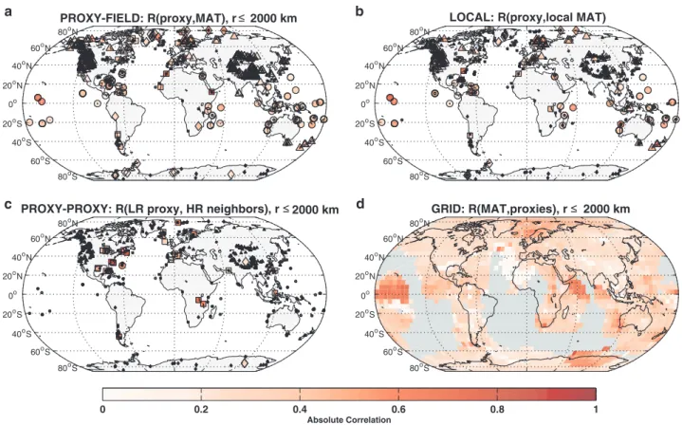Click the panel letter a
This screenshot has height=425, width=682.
click(x=9, y=11)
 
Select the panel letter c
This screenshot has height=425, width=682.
click(x=9, y=204)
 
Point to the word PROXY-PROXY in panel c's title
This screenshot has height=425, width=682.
click(x=55, y=210)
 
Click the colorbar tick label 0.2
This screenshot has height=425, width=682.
click(x=200, y=409)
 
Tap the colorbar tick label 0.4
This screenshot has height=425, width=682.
click(x=300, y=409)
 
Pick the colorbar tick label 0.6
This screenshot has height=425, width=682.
click(x=398, y=409)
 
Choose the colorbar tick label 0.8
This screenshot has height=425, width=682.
click(x=497, y=409)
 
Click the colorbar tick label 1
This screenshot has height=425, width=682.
click(x=596, y=409)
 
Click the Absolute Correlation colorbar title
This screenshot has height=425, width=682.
click(x=349, y=419)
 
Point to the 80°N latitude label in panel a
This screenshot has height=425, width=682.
click(x=66, y=32)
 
